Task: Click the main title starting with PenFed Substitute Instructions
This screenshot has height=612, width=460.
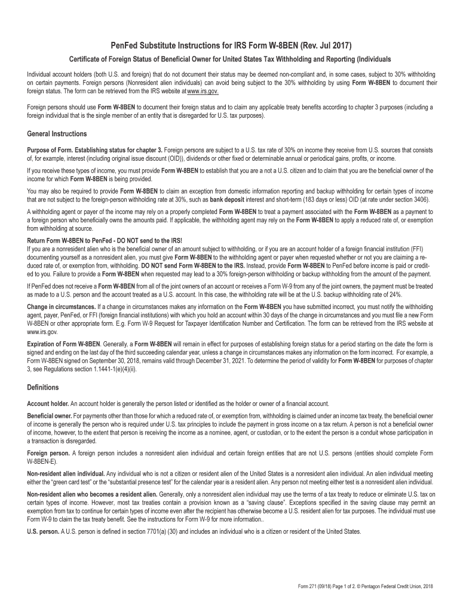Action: coord(230,45)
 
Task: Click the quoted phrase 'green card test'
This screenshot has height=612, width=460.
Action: coord(70,482)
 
